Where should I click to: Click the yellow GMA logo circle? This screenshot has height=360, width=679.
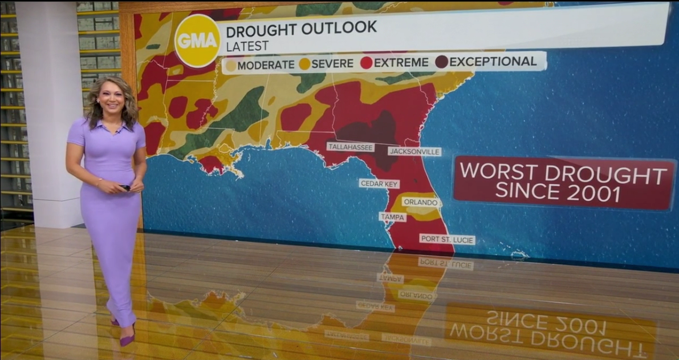coord(197,41)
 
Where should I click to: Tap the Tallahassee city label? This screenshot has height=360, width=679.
coord(351,147)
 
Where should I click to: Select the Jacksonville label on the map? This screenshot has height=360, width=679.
coord(414,152)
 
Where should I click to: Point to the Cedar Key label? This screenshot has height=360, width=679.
coord(379,184)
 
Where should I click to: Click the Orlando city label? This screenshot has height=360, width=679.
coord(421,203)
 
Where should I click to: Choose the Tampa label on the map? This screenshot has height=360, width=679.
coord(393,217)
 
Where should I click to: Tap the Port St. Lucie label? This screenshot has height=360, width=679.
coord(447,240)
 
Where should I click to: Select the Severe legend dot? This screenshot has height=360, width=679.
coord(304,64)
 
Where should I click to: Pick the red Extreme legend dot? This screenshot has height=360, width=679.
coord(367,63)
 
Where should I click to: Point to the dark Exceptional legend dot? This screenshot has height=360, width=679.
coord(442,62)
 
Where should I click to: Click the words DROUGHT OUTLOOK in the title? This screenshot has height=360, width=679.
coord(301,27)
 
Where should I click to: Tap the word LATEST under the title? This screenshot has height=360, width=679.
coord(247,46)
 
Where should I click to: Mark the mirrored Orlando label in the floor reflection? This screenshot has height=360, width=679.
coord(417,295)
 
